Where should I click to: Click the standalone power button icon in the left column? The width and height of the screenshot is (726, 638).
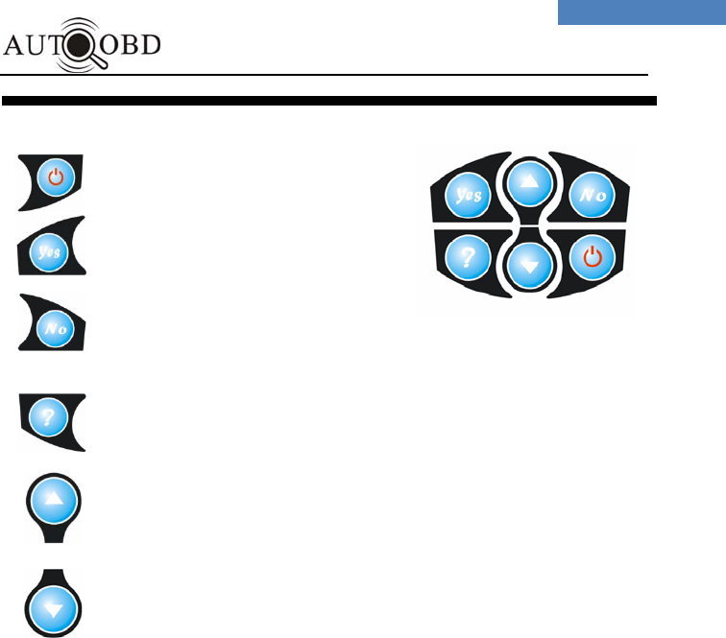tap(56, 177)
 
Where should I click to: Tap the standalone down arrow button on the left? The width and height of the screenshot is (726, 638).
tap(53, 607)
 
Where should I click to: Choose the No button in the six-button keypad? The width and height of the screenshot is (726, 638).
tap(587, 196)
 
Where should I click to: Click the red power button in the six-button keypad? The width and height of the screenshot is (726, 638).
tap(592, 257)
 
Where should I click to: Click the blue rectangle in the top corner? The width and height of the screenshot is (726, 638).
tap(641, 12)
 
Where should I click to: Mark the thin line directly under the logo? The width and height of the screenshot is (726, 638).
tap(327, 75)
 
